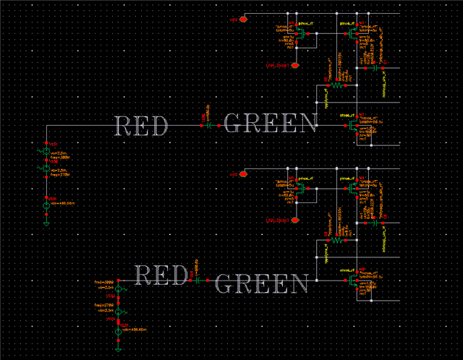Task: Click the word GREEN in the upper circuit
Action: pyautogui.click(x=271, y=124)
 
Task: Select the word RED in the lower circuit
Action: pyautogui.click(x=161, y=275)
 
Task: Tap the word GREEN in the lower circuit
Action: pyautogui.click(x=263, y=283)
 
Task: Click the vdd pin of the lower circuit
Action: pyautogui.click(x=244, y=173)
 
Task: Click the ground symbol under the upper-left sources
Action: pyautogui.click(x=46, y=221)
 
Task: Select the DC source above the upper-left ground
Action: pyautogui.click(x=46, y=205)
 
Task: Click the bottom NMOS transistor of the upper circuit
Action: pyautogui.click(x=352, y=125)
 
